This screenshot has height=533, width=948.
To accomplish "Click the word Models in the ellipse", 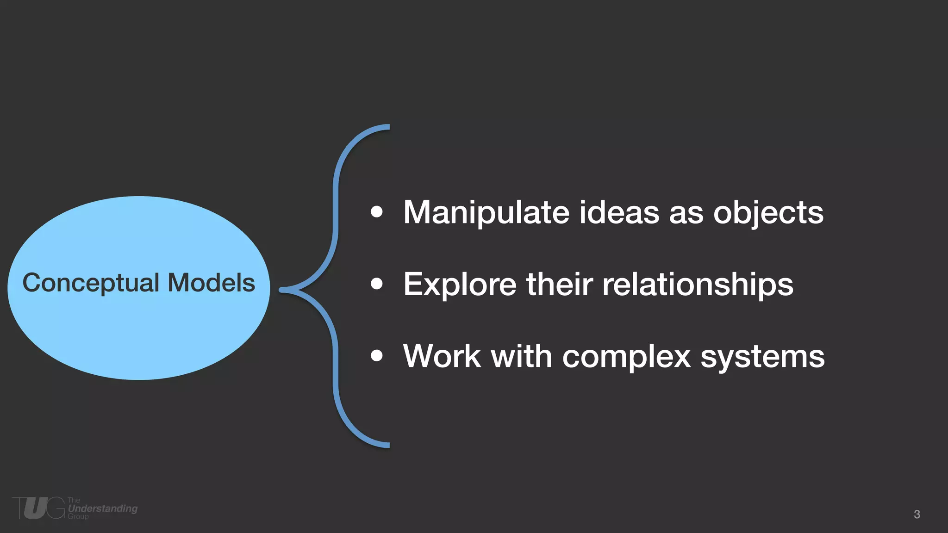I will [x=211, y=283].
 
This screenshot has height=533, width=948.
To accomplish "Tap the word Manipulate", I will [x=486, y=213].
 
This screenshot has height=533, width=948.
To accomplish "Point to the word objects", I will [x=768, y=213].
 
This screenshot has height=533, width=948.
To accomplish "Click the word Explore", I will [x=460, y=284].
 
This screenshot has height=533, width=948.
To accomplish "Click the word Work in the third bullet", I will [x=442, y=356].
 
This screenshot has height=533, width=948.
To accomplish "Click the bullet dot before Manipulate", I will [x=377, y=212].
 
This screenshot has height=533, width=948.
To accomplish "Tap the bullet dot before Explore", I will [x=377, y=284].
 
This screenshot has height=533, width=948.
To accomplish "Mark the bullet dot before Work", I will [x=377, y=355].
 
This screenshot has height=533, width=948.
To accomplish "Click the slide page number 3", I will [x=917, y=514].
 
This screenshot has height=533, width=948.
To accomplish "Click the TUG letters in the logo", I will [x=39, y=508].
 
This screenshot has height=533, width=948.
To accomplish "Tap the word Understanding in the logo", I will [x=103, y=508].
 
